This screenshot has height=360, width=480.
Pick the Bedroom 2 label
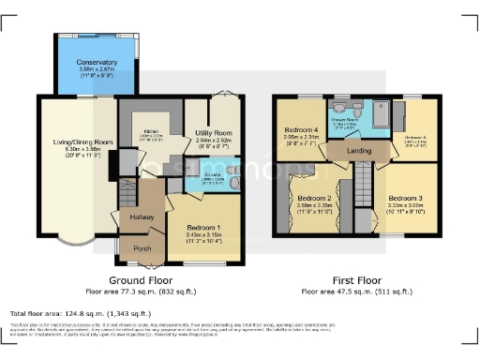(315, 199)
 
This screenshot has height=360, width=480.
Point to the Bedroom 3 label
(407, 199)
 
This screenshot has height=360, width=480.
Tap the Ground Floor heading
(141, 280)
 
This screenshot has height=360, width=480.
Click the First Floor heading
(356, 280)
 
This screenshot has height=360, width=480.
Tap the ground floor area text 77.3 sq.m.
(141, 292)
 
